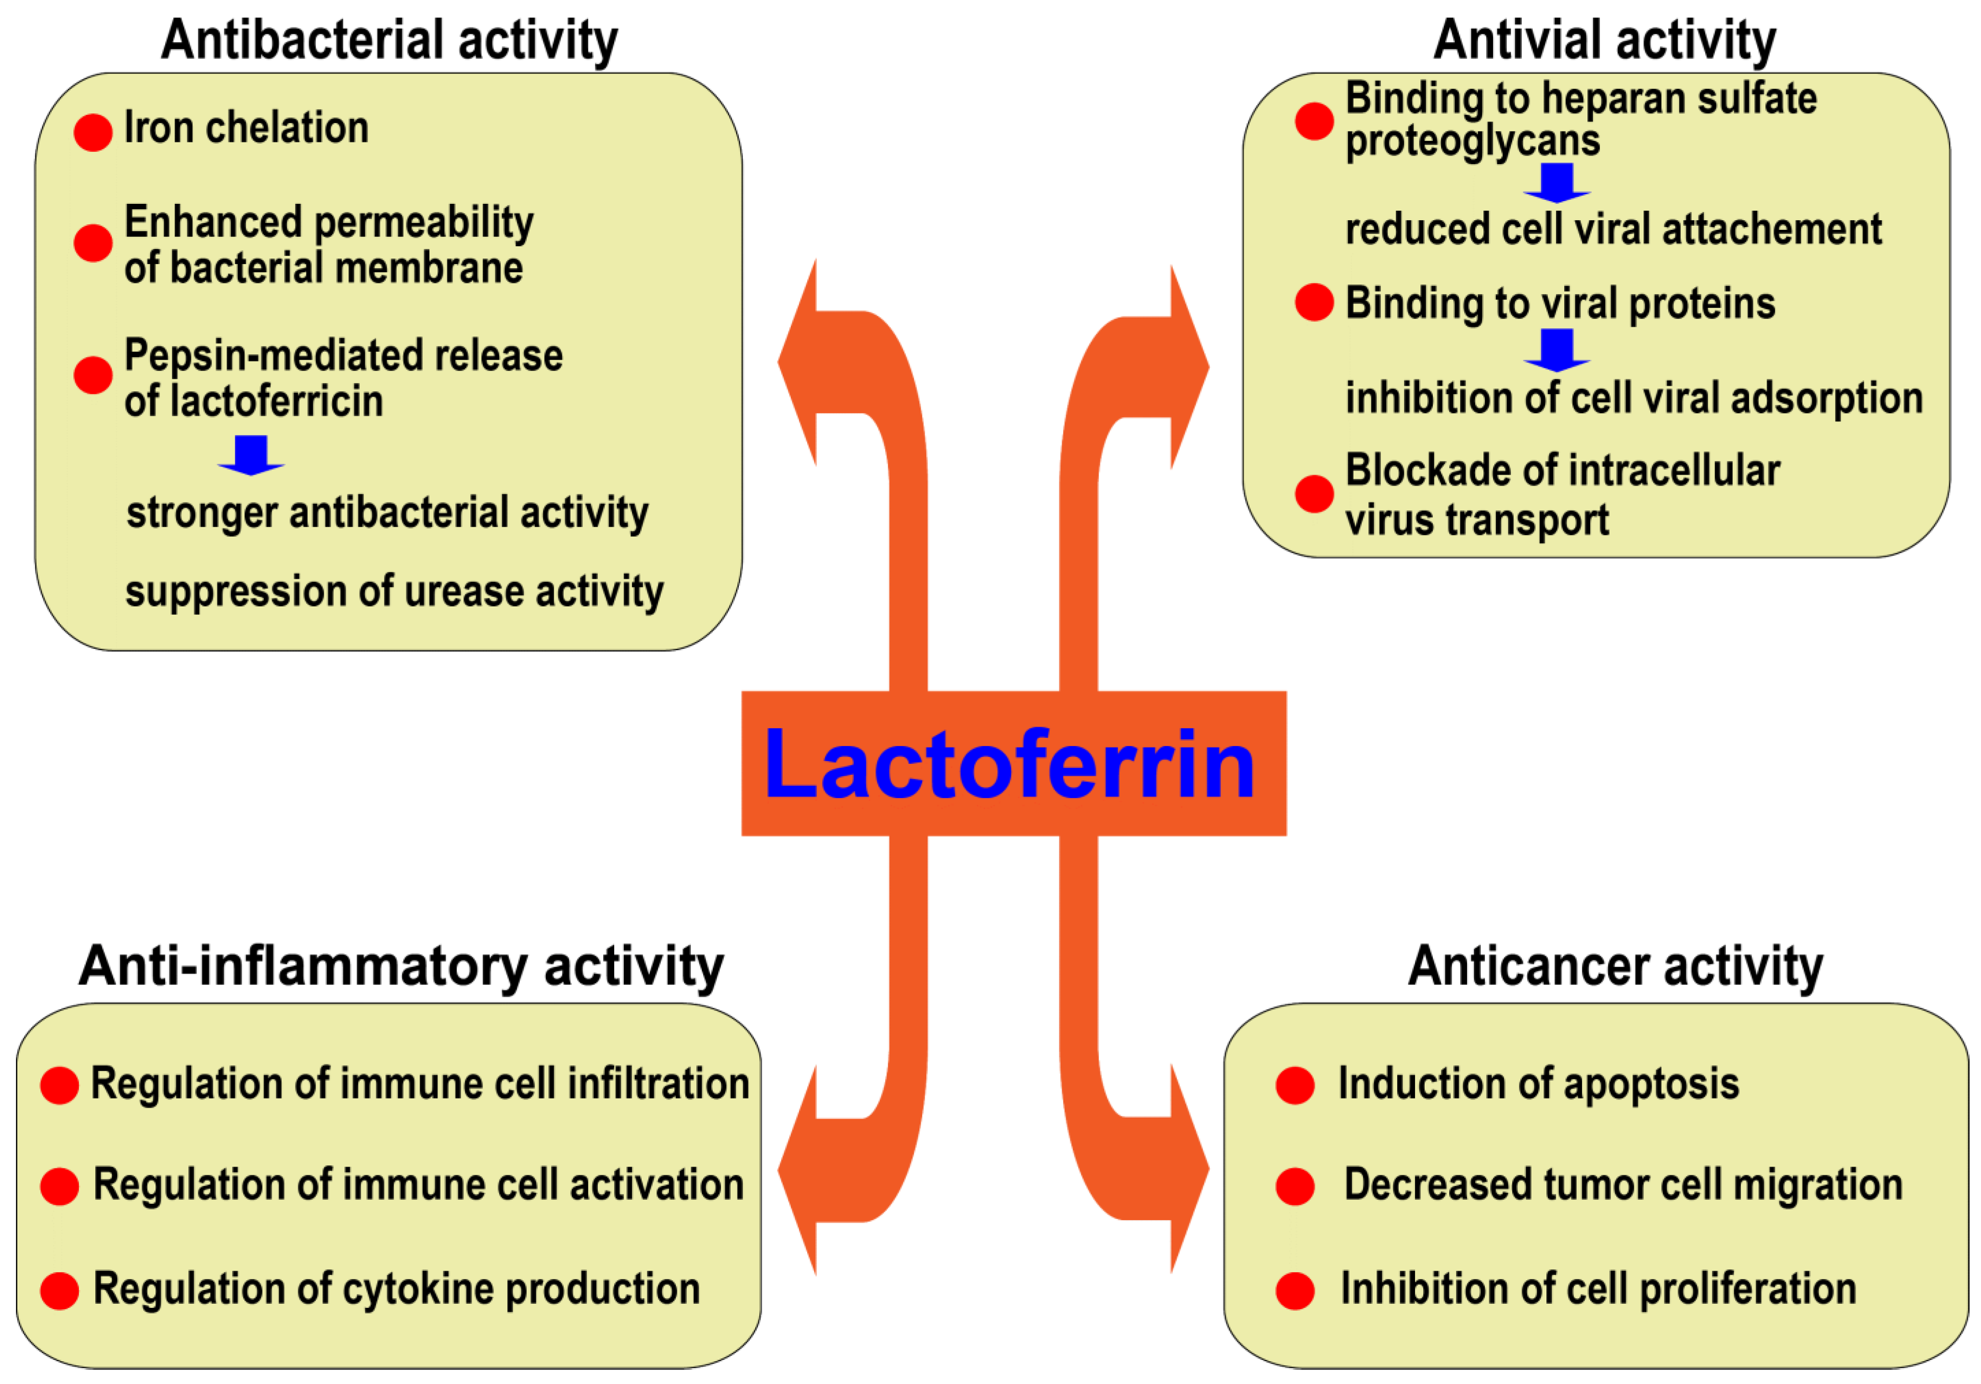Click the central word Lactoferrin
[x=1010, y=764]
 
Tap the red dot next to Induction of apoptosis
[x=1295, y=1085]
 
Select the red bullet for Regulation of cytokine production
[x=60, y=1291]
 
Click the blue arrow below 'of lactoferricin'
[x=251, y=455]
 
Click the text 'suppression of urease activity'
[x=394, y=592]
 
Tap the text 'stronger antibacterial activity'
[x=388, y=513]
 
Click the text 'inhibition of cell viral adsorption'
[x=1634, y=399]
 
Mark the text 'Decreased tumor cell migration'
[x=1623, y=1185]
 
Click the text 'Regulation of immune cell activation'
[x=419, y=1185]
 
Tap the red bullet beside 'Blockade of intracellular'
[x=1314, y=493]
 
